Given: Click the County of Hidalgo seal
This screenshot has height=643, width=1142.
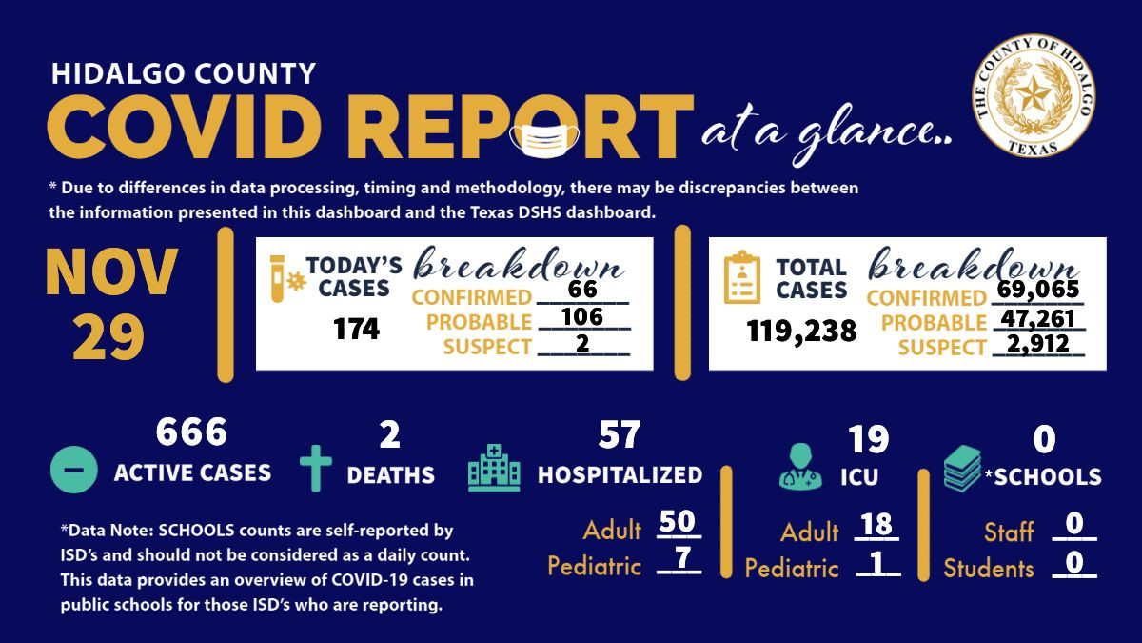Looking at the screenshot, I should pyautogui.click(x=1033, y=93).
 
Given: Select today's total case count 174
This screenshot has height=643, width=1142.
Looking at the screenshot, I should pyautogui.click(x=356, y=330).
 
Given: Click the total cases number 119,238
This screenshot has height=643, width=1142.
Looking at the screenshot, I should pyautogui.click(x=801, y=331).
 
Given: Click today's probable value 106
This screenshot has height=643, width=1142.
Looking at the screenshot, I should pyautogui.click(x=583, y=316).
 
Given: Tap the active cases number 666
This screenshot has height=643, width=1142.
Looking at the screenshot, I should pyautogui.click(x=191, y=432).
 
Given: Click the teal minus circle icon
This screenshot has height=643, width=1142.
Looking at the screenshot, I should pyautogui.click(x=73, y=470).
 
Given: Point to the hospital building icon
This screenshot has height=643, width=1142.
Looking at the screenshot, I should pyautogui.click(x=494, y=469).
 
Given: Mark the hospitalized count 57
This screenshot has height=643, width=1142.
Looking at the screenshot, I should pyautogui.click(x=620, y=434).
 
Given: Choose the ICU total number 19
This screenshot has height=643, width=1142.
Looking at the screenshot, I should pyautogui.click(x=868, y=439).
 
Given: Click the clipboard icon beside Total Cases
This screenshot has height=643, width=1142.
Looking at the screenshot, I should pyautogui.click(x=742, y=277).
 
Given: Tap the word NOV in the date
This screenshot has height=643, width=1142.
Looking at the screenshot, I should pyautogui.click(x=111, y=273).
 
